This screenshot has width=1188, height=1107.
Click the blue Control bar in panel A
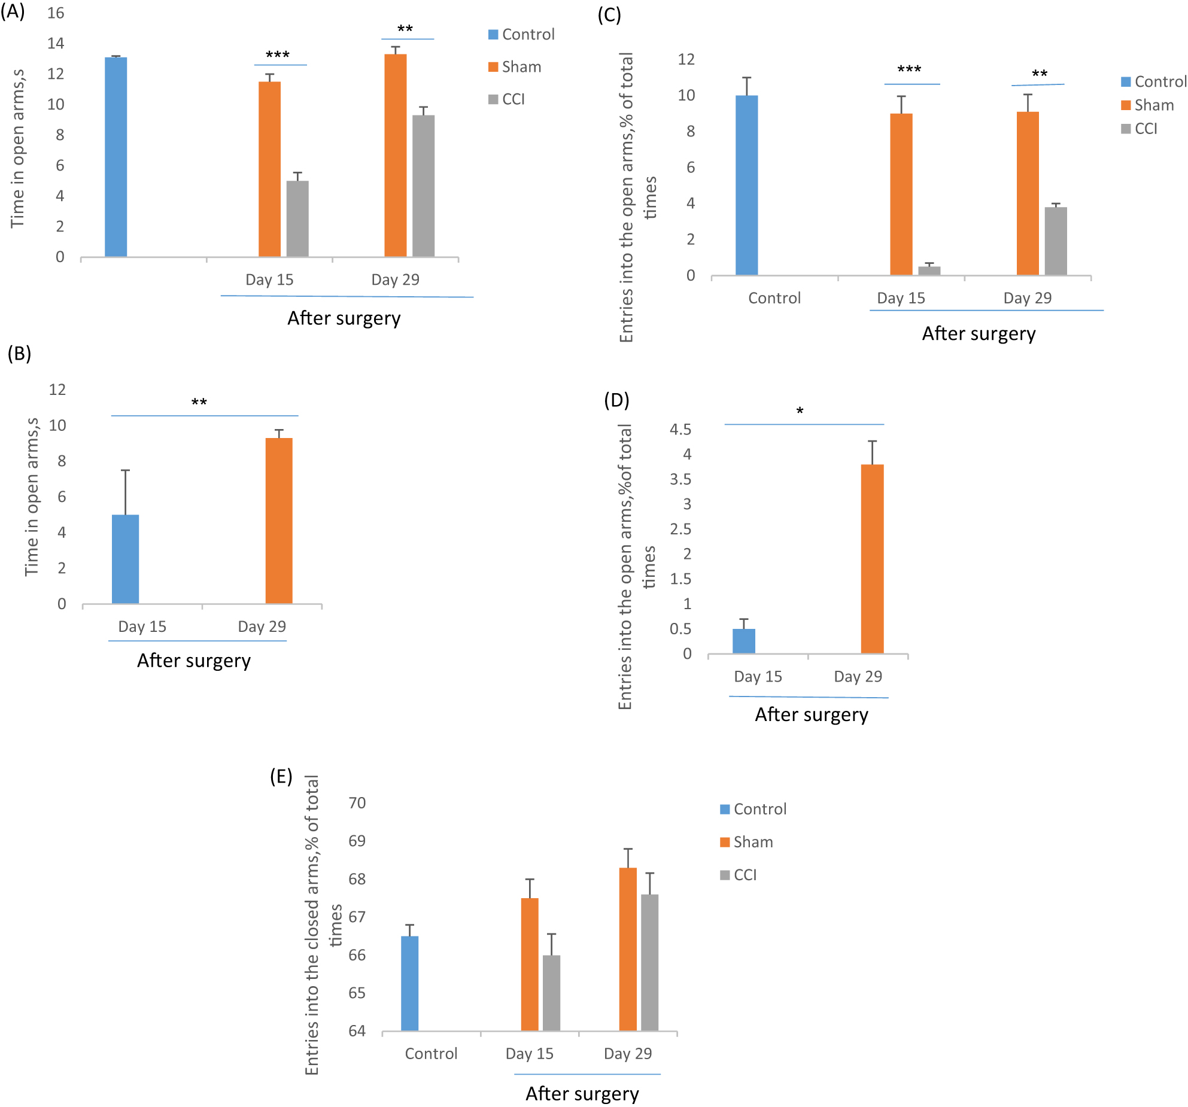[x=116, y=157]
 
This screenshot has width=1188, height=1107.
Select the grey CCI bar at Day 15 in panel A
[x=297, y=218]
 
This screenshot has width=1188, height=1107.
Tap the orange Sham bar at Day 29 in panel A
[x=395, y=156]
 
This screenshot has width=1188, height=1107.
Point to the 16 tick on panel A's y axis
[x=56, y=13]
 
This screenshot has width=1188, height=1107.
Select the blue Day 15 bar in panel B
[x=125, y=559]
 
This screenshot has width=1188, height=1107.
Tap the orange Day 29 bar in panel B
[x=279, y=521]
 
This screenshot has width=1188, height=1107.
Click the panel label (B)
[x=19, y=354]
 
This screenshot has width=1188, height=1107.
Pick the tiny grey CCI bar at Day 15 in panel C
[x=929, y=270]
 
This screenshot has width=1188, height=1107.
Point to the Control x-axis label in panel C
[x=774, y=298]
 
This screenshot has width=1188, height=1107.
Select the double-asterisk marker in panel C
[x=1040, y=74]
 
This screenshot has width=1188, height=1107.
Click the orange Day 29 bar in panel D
[x=872, y=559]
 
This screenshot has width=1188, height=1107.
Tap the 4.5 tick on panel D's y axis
[x=680, y=429]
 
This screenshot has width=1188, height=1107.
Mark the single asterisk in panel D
[x=800, y=411]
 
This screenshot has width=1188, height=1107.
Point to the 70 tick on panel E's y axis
[x=357, y=802]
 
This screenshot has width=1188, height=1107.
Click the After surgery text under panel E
[x=582, y=1093]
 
